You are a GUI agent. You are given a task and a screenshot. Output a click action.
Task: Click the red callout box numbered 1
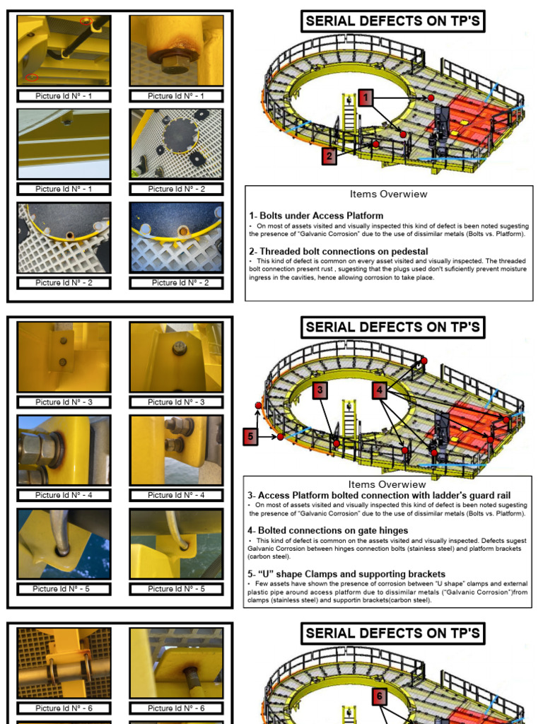[365, 97]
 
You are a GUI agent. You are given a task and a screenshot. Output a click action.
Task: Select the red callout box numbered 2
[329, 156]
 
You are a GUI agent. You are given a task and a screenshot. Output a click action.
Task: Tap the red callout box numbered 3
[320, 390]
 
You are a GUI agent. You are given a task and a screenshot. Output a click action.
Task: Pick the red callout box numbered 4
[380, 390]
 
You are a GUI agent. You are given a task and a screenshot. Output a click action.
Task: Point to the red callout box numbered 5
[250, 437]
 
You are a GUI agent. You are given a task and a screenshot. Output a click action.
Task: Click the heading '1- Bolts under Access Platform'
[316, 216]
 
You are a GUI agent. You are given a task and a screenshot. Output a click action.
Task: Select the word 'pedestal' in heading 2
[410, 251]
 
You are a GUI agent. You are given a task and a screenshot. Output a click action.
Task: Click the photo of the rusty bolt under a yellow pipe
[176, 51]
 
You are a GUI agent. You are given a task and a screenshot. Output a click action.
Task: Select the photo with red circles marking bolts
[64, 51]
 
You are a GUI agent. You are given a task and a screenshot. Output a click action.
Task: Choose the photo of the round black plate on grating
[176, 144]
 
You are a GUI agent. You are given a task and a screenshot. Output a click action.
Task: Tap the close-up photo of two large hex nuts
[64, 450]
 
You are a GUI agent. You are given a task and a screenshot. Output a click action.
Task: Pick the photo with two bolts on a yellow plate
[64, 357]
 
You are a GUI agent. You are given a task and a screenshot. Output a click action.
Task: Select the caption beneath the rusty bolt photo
[176, 96]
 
